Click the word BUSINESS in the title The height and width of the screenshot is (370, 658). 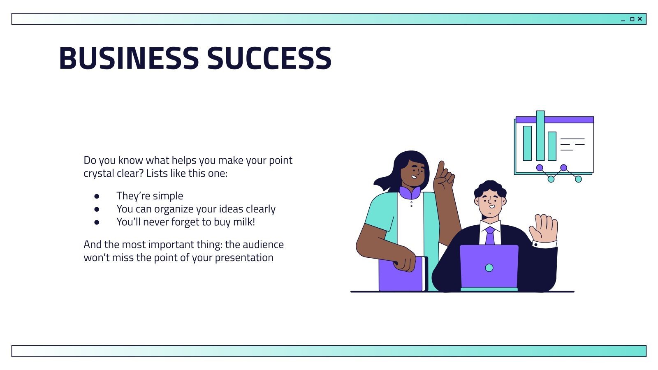[x=129, y=58]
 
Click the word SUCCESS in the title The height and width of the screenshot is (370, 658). [x=269, y=58]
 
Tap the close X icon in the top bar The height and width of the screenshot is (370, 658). [x=639, y=19]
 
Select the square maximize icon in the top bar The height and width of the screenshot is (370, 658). [x=632, y=19]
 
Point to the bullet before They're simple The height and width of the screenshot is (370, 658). [x=97, y=196]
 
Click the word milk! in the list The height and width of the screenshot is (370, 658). [x=244, y=222]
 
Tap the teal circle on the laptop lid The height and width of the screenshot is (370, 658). [x=489, y=268]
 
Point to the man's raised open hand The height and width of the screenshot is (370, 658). [x=544, y=228]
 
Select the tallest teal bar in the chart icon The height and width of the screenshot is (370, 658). [x=540, y=136]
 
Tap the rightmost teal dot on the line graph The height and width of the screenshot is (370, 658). [x=578, y=179]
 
